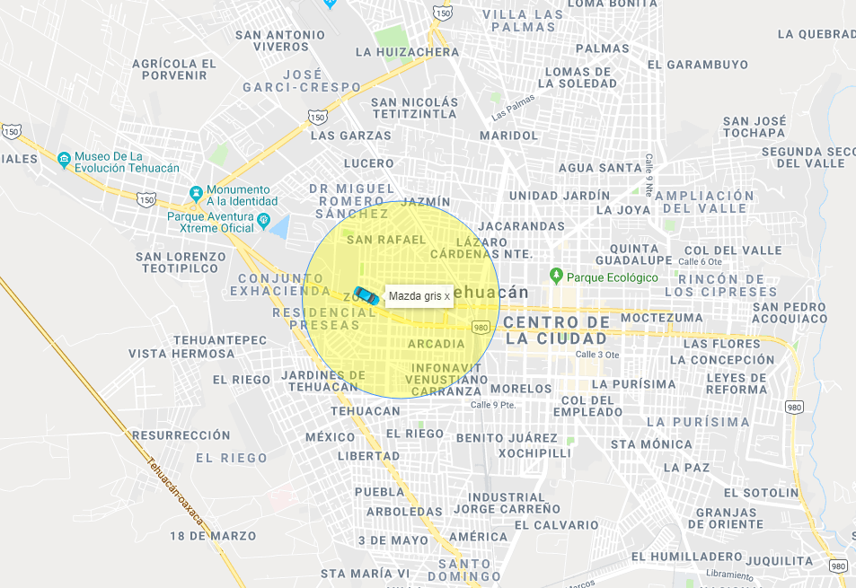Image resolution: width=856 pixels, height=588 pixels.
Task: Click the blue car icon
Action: (x=365, y=294)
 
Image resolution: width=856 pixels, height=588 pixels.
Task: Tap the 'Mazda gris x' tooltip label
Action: (x=419, y=296)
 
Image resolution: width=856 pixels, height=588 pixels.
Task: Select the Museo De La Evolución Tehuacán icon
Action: (x=64, y=161)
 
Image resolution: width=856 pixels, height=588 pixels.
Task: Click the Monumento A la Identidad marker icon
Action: (x=196, y=194)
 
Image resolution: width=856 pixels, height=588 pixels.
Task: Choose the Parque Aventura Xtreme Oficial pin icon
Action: (x=262, y=221)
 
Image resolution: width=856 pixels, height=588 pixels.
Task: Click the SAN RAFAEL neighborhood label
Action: (x=385, y=240)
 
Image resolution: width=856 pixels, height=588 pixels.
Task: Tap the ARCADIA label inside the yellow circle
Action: (x=436, y=344)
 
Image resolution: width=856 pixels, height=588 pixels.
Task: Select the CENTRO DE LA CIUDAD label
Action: (x=556, y=330)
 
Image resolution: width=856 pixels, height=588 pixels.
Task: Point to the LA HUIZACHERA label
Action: (x=407, y=52)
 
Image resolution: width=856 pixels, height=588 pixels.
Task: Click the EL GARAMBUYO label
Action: (x=697, y=65)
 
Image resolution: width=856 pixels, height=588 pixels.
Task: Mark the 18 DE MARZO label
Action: (x=213, y=536)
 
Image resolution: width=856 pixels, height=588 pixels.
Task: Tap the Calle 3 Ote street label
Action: (x=598, y=355)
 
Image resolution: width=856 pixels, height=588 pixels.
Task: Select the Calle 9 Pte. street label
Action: (x=493, y=405)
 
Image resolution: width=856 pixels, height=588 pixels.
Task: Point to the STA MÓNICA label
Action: (x=651, y=443)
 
